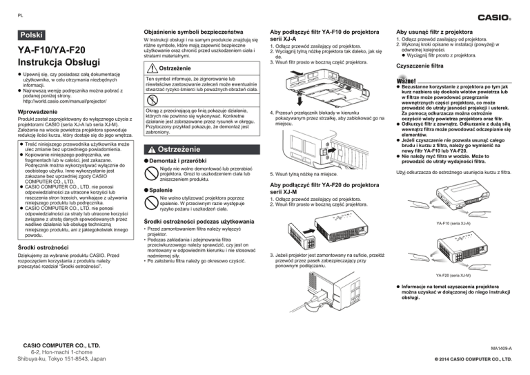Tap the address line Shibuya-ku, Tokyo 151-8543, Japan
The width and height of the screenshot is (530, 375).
pyautogui.click(x=62, y=359)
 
